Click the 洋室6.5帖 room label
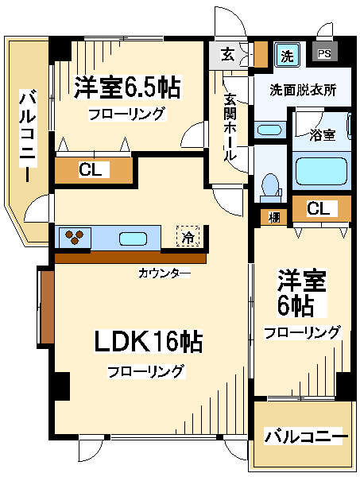point(127,87)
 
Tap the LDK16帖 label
point(148,342)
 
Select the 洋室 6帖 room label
point(301,293)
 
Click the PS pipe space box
point(325,54)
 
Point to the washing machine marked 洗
point(287,55)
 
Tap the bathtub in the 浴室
point(321,171)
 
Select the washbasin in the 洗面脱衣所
point(269,130)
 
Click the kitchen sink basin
point(134,238)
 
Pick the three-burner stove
point(75,238)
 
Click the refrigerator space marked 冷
point(188,236)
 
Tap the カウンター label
point(165,273)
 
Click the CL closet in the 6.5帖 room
point(93,170)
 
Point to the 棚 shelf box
point(273,217)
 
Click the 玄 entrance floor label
point(227,56)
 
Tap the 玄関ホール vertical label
point(230,127)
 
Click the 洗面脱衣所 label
point(303,91)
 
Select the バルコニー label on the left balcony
point(28,135)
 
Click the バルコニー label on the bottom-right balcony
point(305,436)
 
